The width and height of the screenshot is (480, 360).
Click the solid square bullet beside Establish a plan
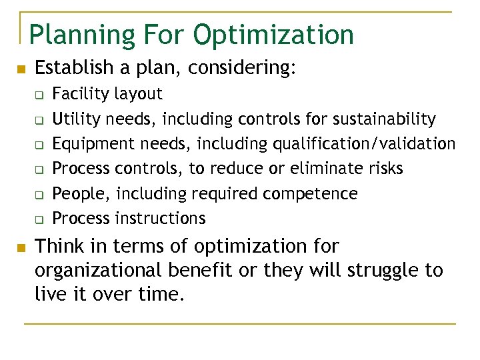point(21,69)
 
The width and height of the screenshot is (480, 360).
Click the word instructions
point(160,218)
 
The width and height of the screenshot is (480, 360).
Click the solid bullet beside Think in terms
point(21,248)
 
